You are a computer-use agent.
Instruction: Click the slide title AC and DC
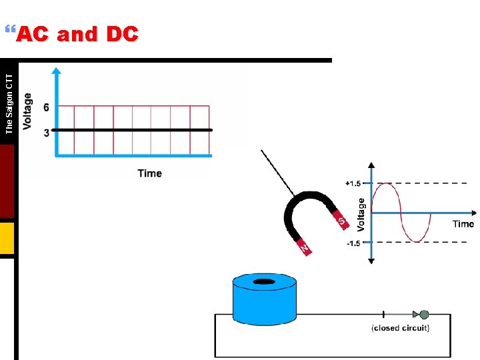tap(77, 35)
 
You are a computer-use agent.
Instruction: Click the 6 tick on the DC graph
tap(46, 107)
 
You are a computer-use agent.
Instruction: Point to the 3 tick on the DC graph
tap(46, 133)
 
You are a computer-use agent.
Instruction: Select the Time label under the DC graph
tap(149, 173)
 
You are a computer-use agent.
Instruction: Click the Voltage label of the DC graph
tap(27, 112)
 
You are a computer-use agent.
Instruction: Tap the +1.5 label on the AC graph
tap(353, 183)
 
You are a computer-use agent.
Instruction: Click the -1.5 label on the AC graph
tap(353, 243)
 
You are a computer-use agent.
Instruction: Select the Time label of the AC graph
tap(463, 224)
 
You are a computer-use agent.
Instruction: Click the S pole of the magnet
tap(341, 220)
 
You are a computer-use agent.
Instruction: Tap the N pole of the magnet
tap(304, 247)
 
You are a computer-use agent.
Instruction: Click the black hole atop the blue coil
tap(264, 283)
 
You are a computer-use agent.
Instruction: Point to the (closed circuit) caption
tap(400, 327)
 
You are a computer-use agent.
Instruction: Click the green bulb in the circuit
tap(423, 314)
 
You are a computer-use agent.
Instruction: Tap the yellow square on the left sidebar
tap(7, 238)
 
